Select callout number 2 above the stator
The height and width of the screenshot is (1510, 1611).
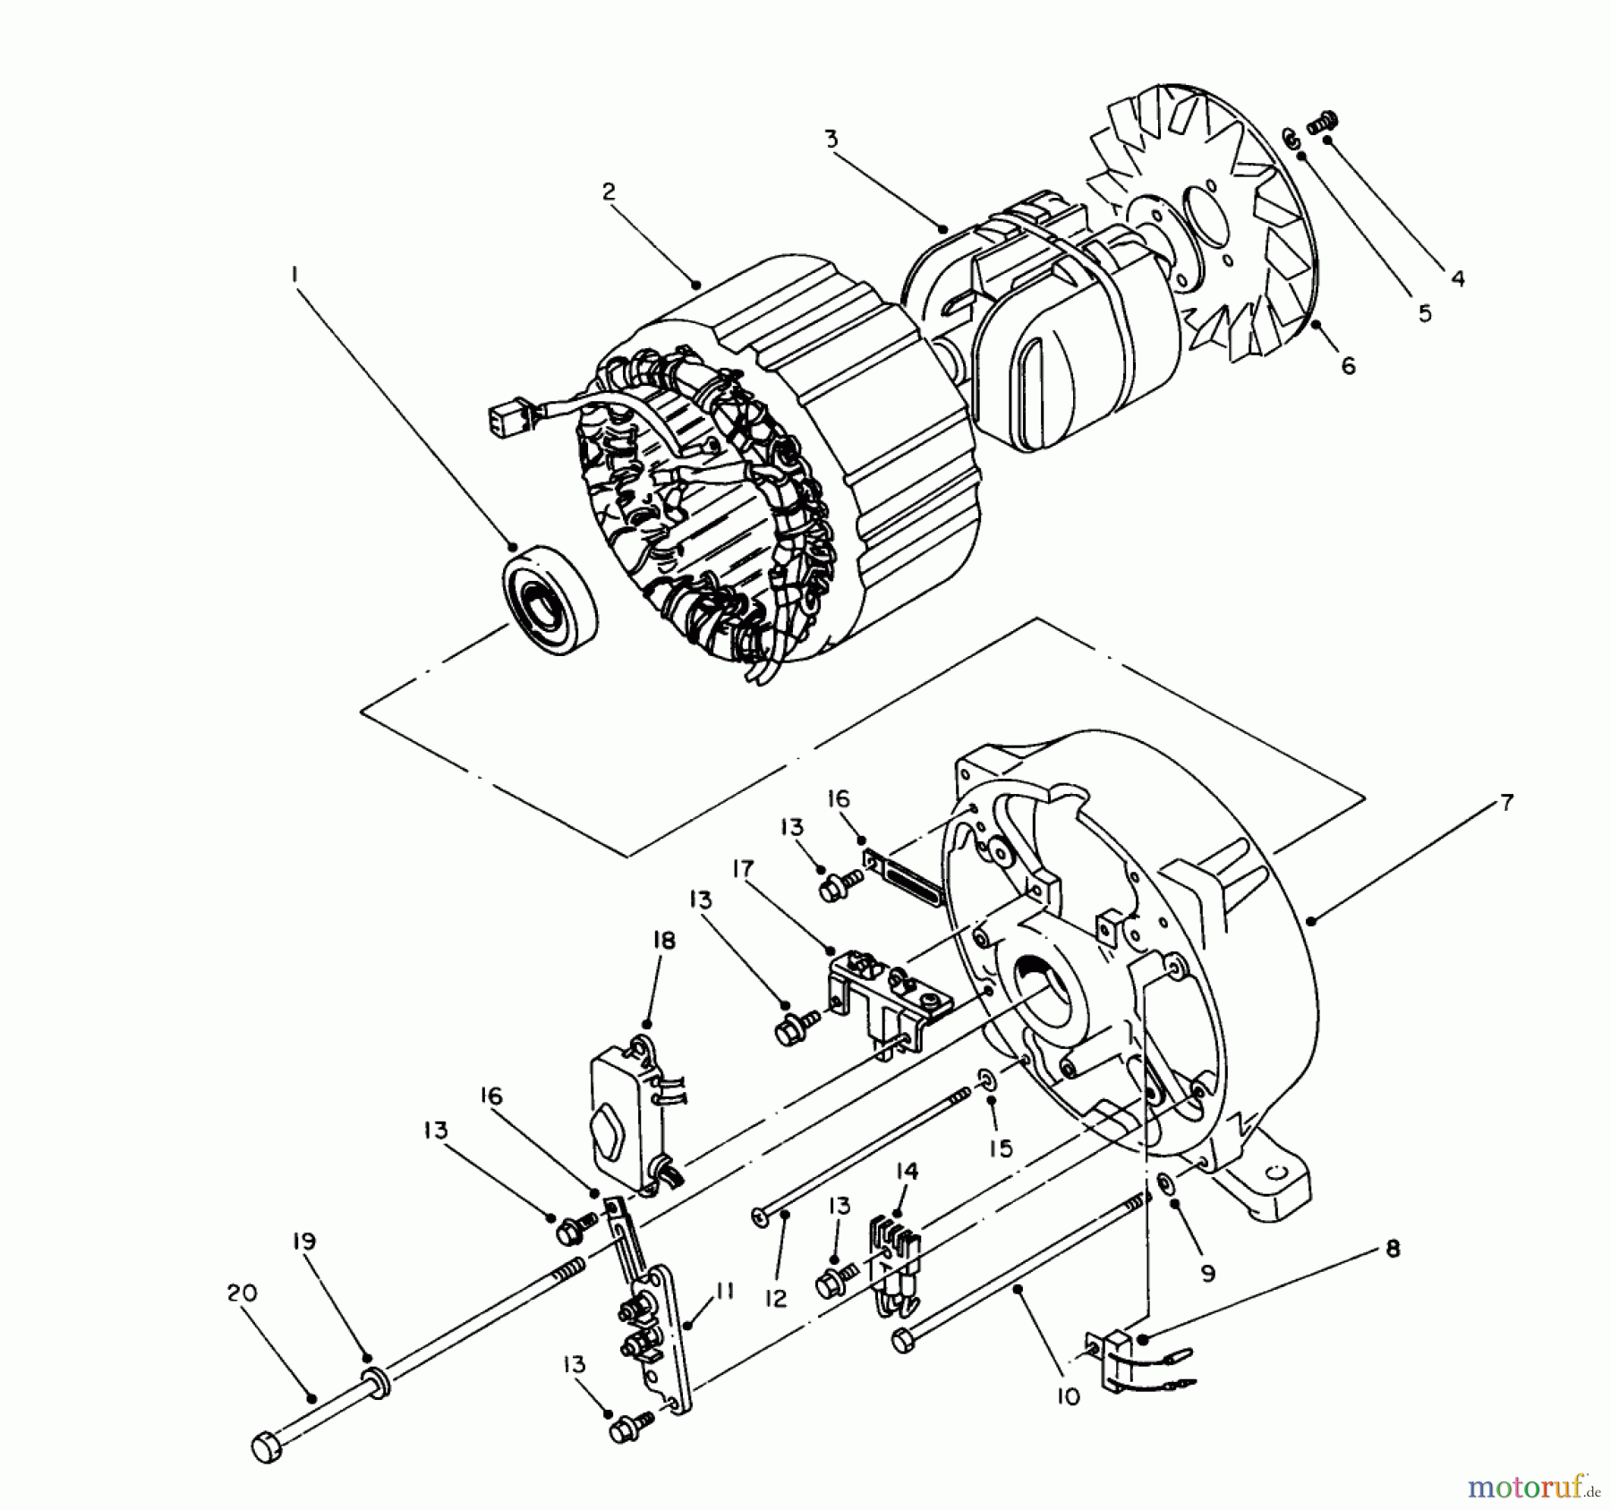tap(609, 192)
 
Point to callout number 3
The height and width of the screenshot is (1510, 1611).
tap(831, 139)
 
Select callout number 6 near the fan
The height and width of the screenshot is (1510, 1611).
tap(1348, 365)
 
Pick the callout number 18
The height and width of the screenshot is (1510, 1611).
tap(664, 940)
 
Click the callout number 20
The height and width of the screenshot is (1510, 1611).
tap(241, 1292)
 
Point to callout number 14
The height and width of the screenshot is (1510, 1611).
tap(907, 1171)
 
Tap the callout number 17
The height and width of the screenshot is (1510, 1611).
tap(743, 869)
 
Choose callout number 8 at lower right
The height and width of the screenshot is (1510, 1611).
tap(1393, 1249)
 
